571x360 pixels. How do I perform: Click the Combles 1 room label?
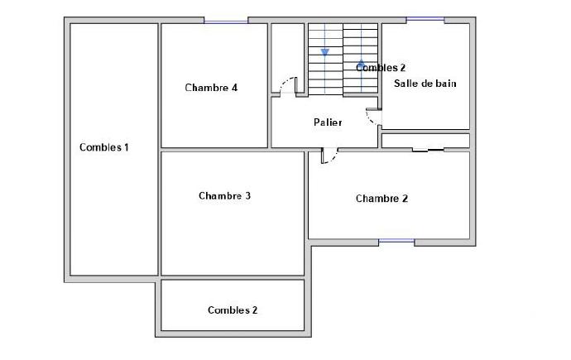(x=104, y=147)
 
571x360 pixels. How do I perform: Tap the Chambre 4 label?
(x=212, y=88)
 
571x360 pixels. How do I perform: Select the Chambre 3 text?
(x=225, y=196)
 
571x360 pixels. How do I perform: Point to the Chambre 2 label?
(x=381, y=199)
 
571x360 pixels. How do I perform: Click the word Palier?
(x=328, y=122)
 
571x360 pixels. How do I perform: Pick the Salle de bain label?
(x=425, y=84)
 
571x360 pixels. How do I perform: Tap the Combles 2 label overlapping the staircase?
(x=381, y=68)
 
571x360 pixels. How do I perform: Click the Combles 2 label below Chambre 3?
(x=233, y=310)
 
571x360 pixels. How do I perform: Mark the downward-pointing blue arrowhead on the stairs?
(x=325, y=51)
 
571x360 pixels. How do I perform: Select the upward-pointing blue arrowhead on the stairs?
(x=361, y=62)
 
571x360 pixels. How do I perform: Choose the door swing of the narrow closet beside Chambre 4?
(x=287, y=85)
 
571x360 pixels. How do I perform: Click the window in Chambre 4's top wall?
(x=226, y=21)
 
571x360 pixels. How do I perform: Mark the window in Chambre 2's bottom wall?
(x=396, y=242)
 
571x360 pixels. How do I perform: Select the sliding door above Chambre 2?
(x=429, y=150)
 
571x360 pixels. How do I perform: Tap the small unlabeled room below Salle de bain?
(x=425, y=140)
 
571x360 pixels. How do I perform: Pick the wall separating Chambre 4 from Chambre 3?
(x=215, y=149)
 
